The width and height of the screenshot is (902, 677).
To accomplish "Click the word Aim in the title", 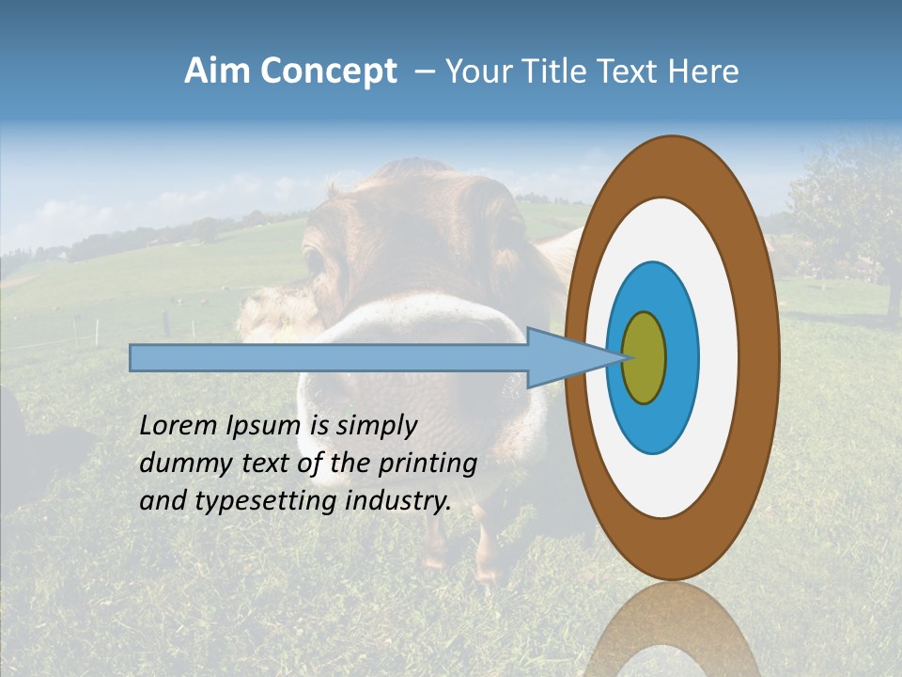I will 217,71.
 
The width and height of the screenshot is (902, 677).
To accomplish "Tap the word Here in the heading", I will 703,71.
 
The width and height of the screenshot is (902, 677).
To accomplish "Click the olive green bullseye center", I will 645,358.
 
